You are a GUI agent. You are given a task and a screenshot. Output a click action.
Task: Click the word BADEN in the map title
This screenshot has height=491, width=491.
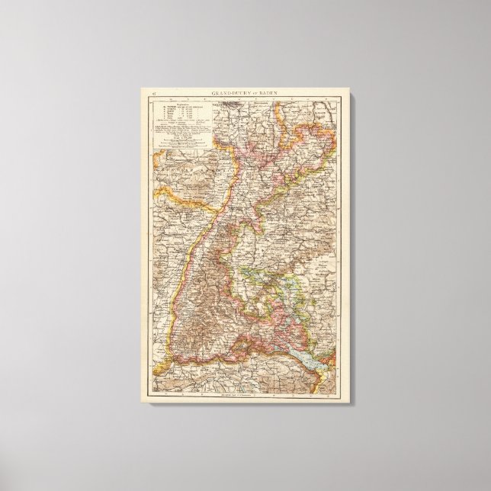pyautogui.click(x=265, y=93)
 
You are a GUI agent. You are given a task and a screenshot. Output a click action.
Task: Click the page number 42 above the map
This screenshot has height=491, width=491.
pyautogui.click(x=154, y=93)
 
